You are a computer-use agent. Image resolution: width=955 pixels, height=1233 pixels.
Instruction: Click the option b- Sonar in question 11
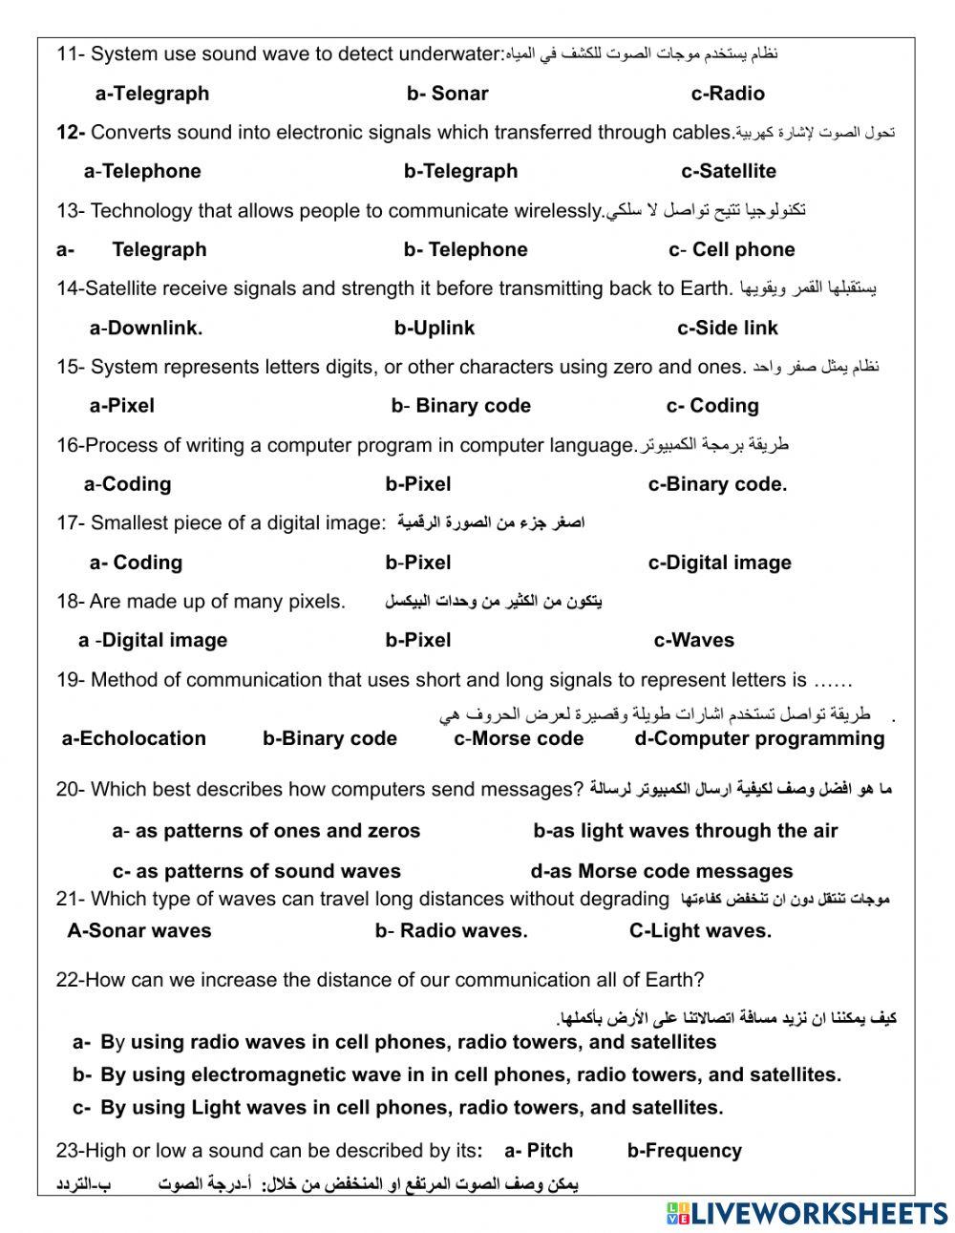(x=447, y=94)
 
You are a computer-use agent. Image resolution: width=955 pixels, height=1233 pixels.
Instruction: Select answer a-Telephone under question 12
(x=142, y=172)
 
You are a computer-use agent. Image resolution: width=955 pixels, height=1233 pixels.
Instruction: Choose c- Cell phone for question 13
(x=732, y=250)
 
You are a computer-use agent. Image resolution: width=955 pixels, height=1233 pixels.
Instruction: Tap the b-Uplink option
(x=435, y=329)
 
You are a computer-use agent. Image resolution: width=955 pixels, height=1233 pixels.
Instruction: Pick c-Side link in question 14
(x=728, y=329)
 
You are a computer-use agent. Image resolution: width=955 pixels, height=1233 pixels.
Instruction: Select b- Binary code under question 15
(x=460, y=406)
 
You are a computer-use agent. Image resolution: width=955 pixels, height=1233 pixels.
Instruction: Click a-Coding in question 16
(x=128, y=484)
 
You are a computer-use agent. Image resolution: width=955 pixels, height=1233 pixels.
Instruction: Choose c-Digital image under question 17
(x=719, y=563)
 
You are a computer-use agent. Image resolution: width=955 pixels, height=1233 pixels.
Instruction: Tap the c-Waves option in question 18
(x=694, y=641)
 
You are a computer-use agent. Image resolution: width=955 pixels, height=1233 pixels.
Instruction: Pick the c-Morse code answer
(x=519, y=739)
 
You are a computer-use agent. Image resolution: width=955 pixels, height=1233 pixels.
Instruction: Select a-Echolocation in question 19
(x=134, y=739)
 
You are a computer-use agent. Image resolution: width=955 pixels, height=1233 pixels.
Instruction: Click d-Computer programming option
(x=759, y=739)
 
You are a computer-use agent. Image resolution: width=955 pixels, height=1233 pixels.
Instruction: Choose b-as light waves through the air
(x=685, y=832)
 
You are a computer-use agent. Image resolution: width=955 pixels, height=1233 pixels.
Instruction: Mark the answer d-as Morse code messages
(x=662, y=872)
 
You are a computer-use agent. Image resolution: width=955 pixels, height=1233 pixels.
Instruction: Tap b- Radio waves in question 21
(x=451, y=931)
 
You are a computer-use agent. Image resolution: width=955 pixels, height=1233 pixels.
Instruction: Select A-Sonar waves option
(x=139, y=931)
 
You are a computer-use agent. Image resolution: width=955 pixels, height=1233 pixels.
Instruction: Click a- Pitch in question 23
(x=539, y=1151)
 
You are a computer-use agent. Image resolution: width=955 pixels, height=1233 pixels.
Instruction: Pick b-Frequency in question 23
(x=685, y=1151)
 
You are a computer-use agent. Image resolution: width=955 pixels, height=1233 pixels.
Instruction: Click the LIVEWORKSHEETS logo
(x=807, y=1213)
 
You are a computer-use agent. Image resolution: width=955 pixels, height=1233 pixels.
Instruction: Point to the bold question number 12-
(x=71, y=133)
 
